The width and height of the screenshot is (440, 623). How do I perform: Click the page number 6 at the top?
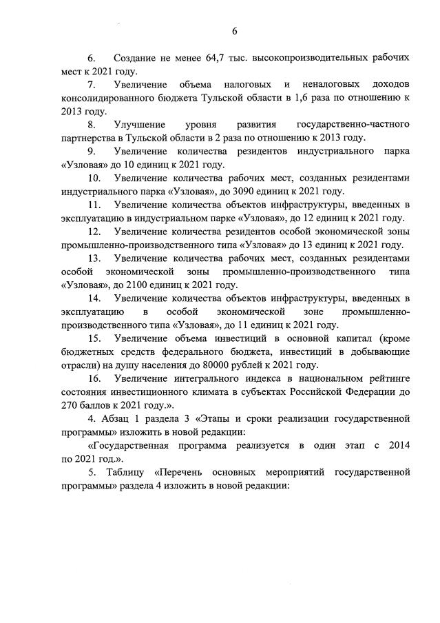pos(234,31)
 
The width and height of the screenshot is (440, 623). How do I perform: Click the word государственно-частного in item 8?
pos(353,124)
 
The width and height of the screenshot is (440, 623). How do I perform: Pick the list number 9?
pos(91,151)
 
